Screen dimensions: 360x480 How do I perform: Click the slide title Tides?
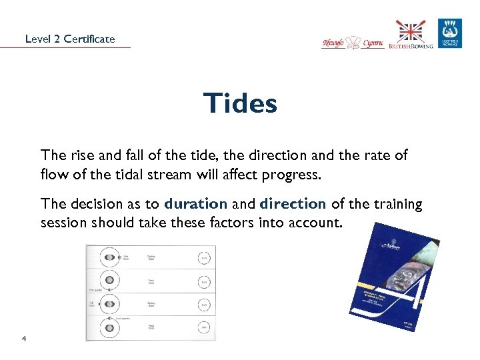point(240,103)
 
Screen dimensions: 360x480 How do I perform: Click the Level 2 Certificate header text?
point(70,39)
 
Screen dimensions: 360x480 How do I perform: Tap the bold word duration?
point(196,204)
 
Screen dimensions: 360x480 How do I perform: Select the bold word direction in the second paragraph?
point(293,204)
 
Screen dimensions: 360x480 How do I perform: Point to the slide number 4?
point(23,340)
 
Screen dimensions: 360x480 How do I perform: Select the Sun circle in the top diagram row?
point(204,258)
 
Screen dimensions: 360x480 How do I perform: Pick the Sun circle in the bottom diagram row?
point(204,328)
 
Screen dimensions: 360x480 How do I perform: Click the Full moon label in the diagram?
point(91,304)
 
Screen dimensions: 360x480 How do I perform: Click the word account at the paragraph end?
point(318,222)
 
